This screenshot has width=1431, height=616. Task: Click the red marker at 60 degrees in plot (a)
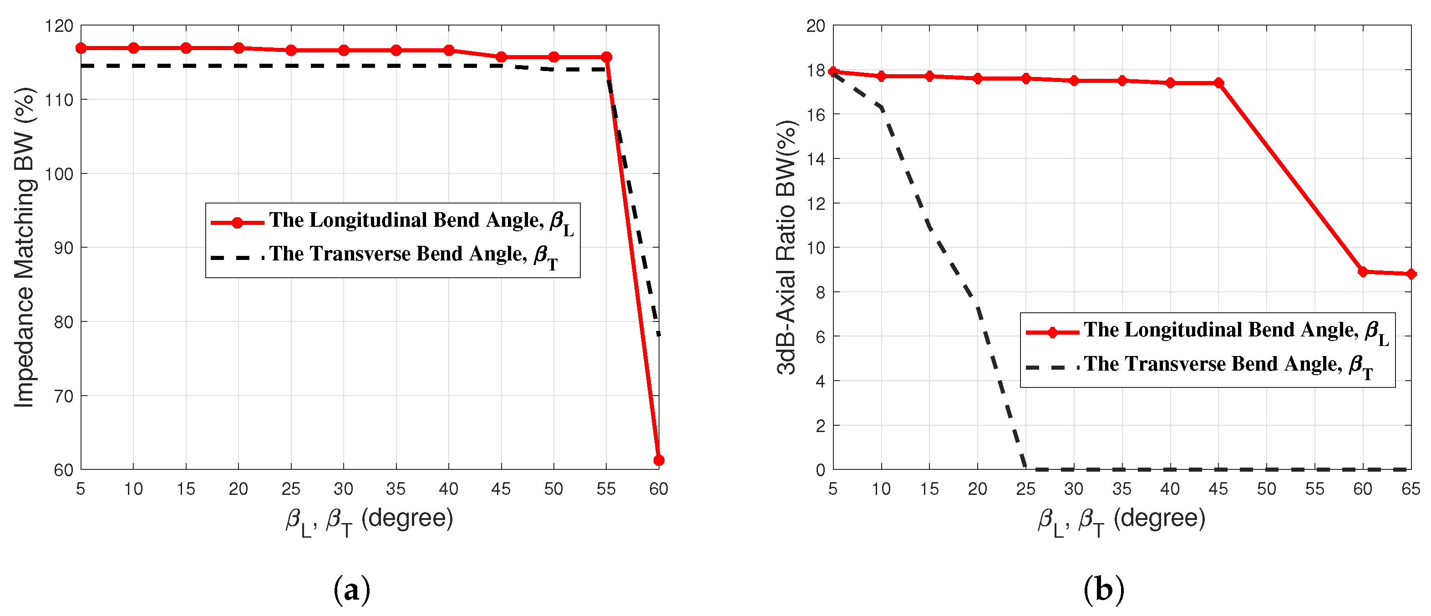pyautogui.click(x=659, y=460)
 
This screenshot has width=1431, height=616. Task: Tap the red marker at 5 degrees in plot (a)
pyautogui.click(x=81, y=48)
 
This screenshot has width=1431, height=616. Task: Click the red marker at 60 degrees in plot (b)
pyautogui.click(x=1363, y=272)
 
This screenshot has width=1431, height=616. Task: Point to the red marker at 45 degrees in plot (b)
pyautogui.click(x=1219, y=83)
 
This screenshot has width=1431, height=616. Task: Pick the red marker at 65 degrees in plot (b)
pyautogui.click(x=1411, y=274)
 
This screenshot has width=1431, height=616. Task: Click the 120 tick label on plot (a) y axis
pyautogui.click(x=58, y=25)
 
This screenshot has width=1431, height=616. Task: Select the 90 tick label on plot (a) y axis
pyautogui.click(x=63, y=248)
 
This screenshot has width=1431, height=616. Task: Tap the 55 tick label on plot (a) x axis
pyautogui.click(x=606, y=489)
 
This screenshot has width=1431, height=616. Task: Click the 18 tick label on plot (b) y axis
pyautogui.click(x=816, y=70)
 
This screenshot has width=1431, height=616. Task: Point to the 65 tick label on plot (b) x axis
pyautogui.click(x=1411, y=489)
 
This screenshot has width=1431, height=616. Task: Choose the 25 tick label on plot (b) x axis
pyautogui.click(x=1025, y=489)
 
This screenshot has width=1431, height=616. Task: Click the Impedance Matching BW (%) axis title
pyautogui.click(x=25, y=247)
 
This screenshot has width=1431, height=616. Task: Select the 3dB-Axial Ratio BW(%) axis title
pyautogui.click(x=787, y=247)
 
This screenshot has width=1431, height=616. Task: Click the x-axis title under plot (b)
pyautogui.click(x=1121, y=521)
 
